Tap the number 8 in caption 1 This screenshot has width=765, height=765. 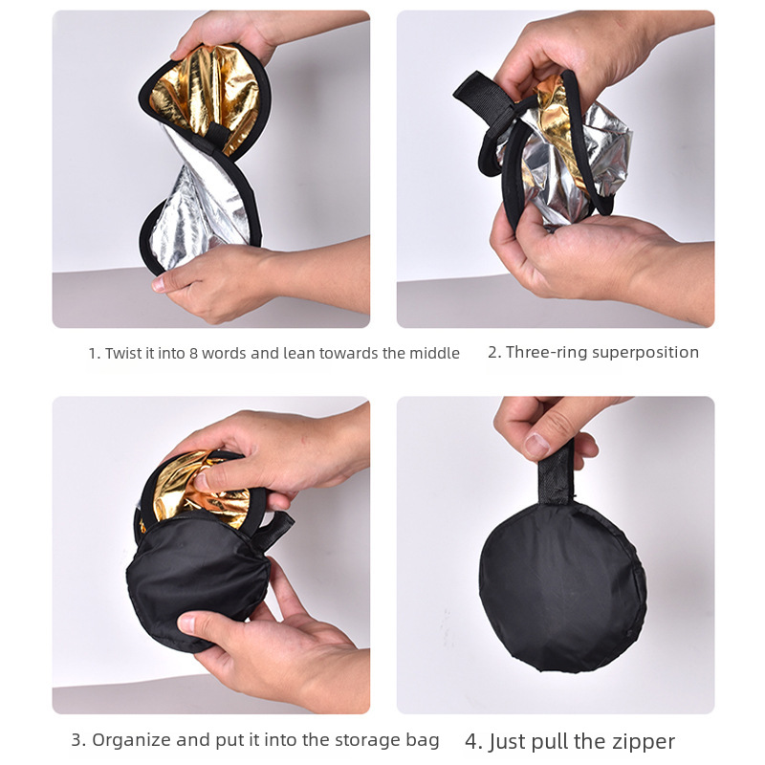click(x=193, y=353)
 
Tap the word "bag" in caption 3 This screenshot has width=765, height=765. click(x=423, y=740)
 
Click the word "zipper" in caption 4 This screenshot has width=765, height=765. click(x=645, y=743)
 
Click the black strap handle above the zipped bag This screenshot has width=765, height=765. click(x=556, y=472)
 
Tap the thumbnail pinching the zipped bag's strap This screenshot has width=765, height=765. click(x=536, y=445)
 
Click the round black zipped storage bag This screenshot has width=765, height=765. click(x=562, y=587)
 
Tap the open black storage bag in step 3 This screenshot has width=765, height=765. click(x=198, y=580)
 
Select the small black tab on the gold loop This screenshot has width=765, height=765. click(x=213, y=133)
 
